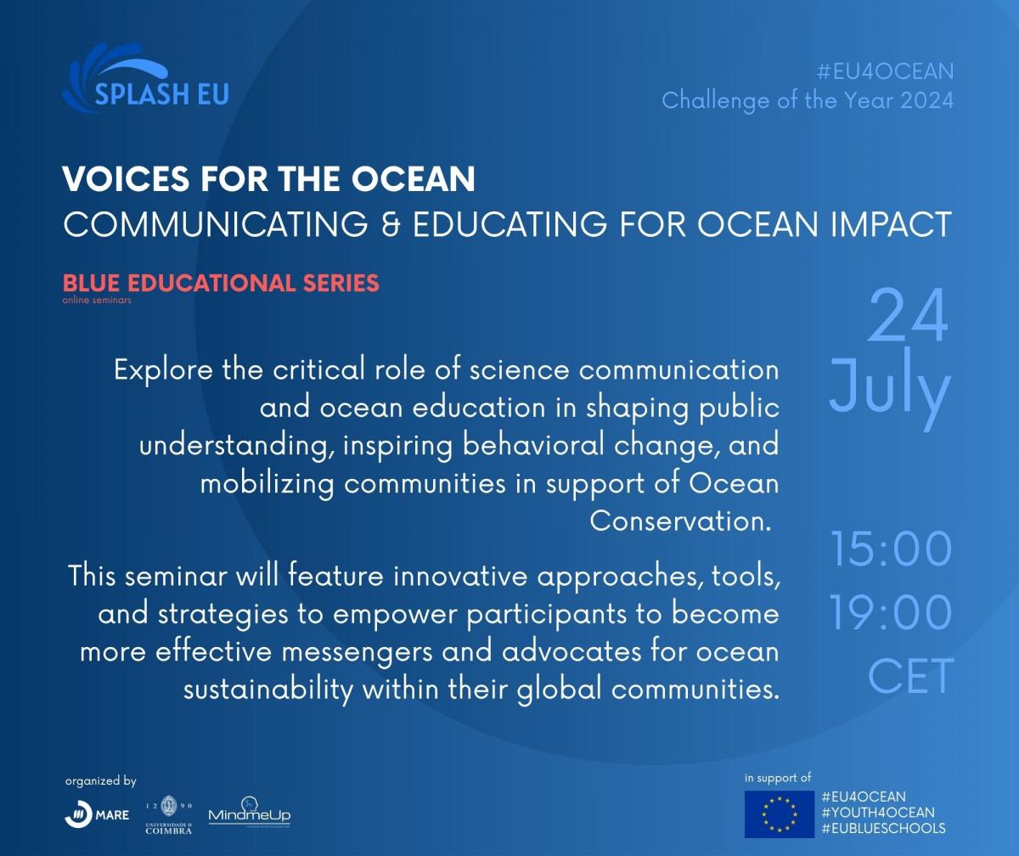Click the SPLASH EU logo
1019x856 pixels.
point(145,78)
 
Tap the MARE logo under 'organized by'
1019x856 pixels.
point(97,814)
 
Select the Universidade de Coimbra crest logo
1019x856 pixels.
point(169,814)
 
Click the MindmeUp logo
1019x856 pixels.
point(250,813)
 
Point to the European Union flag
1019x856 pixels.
point(780,814)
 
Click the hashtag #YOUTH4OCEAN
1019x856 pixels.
point(878,813)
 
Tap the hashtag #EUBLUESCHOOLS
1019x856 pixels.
point(884,828)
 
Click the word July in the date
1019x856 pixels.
point(890,386)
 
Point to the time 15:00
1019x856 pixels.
point(891,549)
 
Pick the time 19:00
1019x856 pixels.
point(891,612)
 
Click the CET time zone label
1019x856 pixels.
point(910,675)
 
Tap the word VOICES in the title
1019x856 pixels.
point(126,178)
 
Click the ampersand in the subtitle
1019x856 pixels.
point(391,224)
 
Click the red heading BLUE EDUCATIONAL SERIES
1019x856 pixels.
point(221,283)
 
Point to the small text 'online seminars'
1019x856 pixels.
point(97,300)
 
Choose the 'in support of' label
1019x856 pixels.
point(778,778)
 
